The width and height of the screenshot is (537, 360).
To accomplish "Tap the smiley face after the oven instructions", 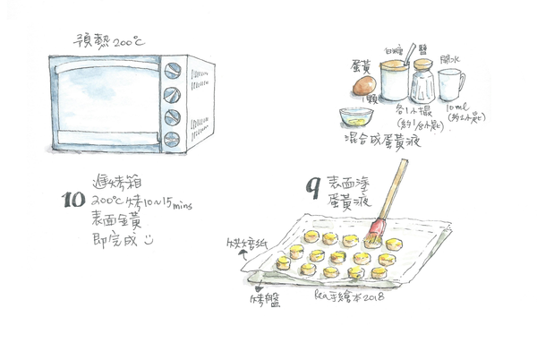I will click(x=149, y=240).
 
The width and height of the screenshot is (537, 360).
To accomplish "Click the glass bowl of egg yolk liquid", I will click(x=356, y=116).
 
